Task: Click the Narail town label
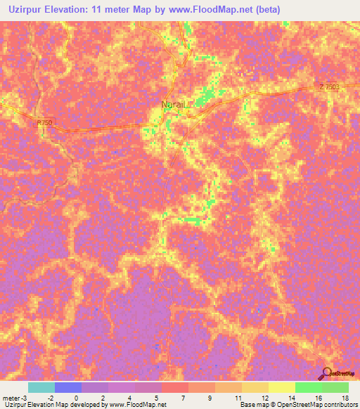(172, 105)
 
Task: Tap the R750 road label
(45, 122)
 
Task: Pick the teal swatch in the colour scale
(41, 387)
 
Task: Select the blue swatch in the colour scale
(68, 387)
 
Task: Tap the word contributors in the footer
(340, 405)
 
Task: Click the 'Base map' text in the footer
(252, 405)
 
